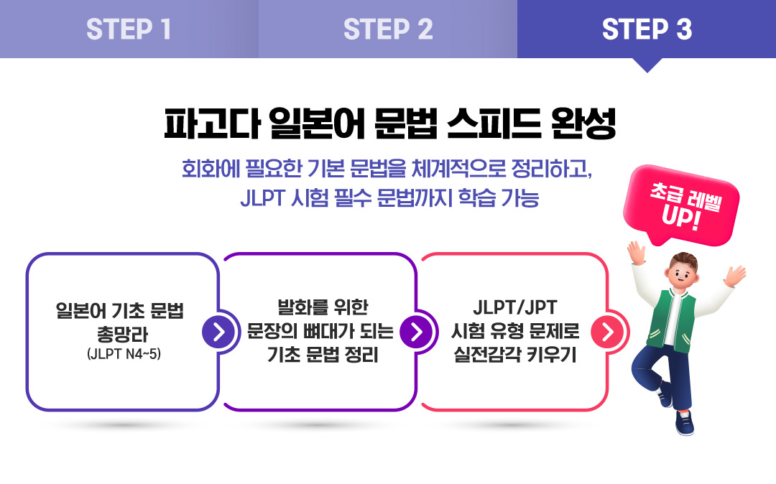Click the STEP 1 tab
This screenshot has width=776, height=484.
pos(129,29)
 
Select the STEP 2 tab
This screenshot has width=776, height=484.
pos(388,29)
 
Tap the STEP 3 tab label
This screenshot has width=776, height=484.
pos(647,29)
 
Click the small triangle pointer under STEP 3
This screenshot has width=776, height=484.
pos(647,65)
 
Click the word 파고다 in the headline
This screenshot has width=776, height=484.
pos(212,123)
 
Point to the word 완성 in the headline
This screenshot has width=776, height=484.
pos(583,123)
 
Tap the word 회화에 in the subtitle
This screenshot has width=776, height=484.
pos(211,169)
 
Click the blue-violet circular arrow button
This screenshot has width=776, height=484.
pos(218,331)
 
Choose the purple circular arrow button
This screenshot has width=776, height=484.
pos(416,331)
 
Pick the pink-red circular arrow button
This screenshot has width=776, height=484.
pos(607,331)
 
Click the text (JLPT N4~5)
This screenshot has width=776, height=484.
pos(124,354)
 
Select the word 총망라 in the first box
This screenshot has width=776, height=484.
pos(122,334)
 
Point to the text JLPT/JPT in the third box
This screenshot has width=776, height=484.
pos(515,307)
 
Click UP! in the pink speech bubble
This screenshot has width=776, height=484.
pos(681,217)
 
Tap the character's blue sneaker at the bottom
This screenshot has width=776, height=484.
pos(685,424)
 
